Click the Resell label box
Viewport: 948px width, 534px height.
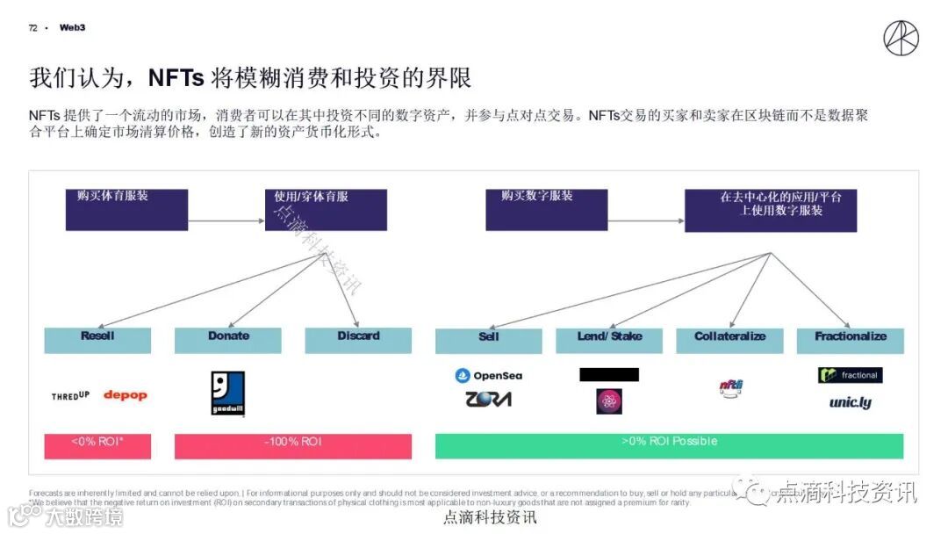coord(97,340)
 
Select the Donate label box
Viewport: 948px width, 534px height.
coord(228,340)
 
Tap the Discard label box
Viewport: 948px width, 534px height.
coord(358,340)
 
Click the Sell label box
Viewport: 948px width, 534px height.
coord(489,341)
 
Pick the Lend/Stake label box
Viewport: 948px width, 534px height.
coord(609,341)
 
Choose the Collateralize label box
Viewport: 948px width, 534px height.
coord(729,341)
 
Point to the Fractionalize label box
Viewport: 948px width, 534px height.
coord(850,341)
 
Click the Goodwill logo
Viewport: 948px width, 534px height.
coord(227,393)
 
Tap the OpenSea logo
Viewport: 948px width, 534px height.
coord(489,376)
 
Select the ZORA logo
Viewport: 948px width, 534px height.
coord(489,400)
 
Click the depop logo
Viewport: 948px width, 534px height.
coord(126,395)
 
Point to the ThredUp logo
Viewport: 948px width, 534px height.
coord(70,396)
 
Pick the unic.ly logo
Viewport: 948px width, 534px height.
coord(850,403)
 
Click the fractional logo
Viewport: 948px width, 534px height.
coord(850,375)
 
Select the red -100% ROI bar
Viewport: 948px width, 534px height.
coord(293,445)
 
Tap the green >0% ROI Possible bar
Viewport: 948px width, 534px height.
coord(669,445)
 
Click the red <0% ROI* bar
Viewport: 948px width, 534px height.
coord(97,445)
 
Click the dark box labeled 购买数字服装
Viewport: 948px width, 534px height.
coord(546,210)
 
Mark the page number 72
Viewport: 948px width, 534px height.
coord(32,28)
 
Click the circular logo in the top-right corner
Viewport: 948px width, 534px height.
coord(901,38)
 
